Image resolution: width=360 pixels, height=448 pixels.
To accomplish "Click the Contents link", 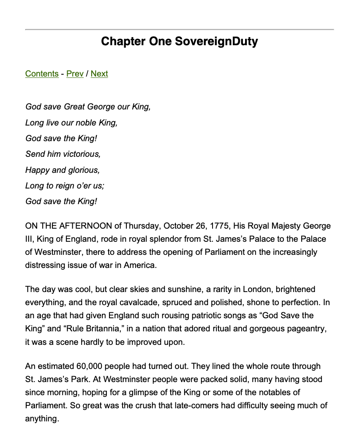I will click(42, 74).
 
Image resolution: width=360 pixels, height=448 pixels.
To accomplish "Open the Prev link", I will click(75, 74).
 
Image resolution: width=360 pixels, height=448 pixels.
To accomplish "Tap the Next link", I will click(99, 74).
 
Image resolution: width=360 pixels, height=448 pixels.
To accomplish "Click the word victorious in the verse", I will click(82, 154).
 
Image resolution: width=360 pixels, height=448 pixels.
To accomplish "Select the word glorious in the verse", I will click(82, 170).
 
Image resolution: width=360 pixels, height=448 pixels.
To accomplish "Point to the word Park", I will click(87, 379).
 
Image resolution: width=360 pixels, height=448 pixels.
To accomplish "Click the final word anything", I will click(41, 419).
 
